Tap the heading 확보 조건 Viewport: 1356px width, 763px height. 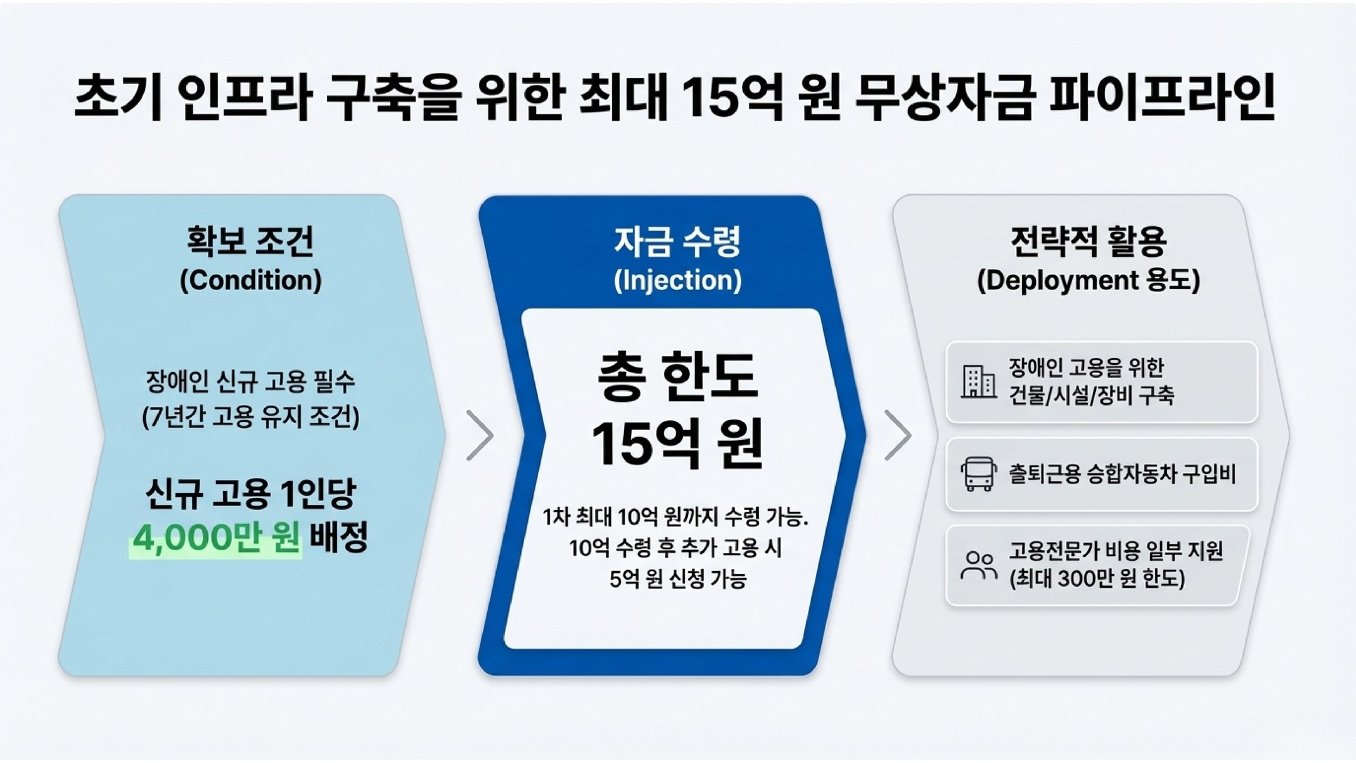pos(250,241)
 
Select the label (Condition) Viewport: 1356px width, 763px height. pos(250,280)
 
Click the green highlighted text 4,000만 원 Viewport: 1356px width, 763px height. pos(216,538)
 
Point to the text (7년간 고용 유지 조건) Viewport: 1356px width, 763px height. pos(250,417)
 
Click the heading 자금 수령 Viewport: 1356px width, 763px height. pos(677,241)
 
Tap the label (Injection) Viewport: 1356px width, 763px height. pos(677,280)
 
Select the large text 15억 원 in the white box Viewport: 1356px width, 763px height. pos(677,445)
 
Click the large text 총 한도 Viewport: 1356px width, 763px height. pos(677,377)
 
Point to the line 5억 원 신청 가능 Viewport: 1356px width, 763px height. pos(677,578)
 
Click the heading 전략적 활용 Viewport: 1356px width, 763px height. pos(1089,241)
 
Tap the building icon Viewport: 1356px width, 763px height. pos(978,381)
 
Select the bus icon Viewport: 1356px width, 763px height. pos(978,473)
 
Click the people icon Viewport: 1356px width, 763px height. pos(978,565)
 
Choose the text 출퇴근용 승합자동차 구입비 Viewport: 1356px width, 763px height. pos(1122,473)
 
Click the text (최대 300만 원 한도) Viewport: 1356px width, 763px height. pos(1097,578)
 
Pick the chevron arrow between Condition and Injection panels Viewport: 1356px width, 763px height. pos(480,435)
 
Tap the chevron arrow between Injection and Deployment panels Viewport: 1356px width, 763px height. pos(898,435)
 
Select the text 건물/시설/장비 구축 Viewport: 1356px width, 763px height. pos(1091,396)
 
